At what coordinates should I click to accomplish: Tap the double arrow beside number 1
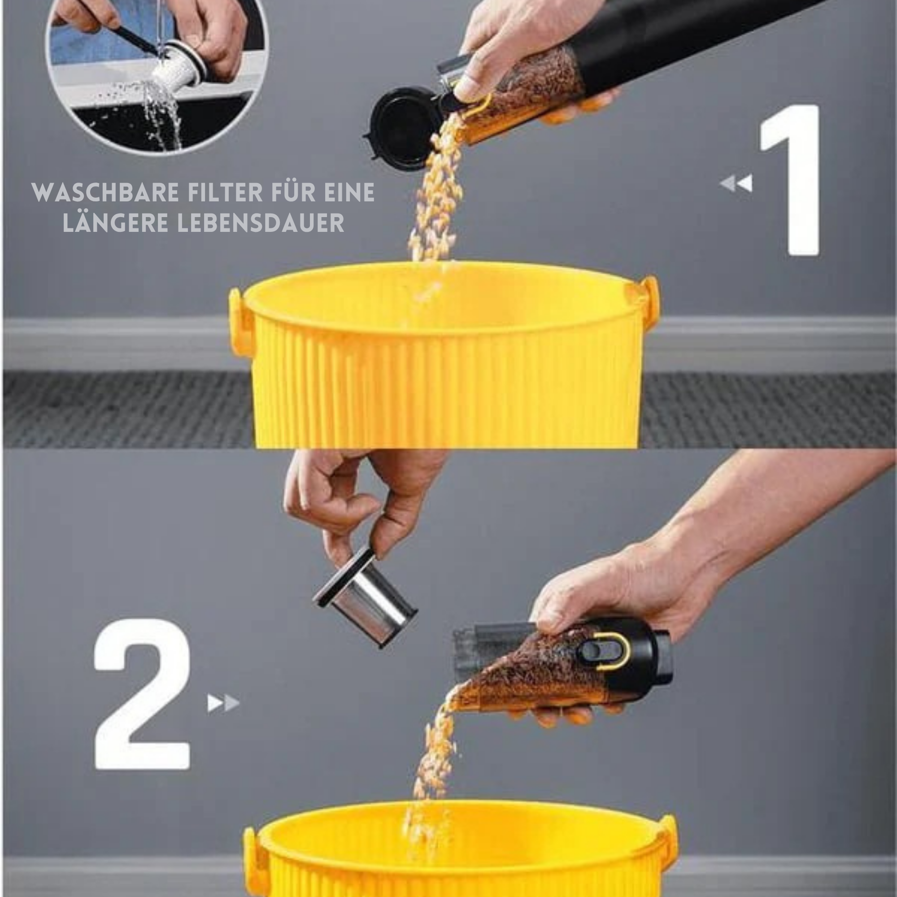click(x=736, y=183)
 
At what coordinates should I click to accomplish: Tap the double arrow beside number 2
click(x=223, y=703)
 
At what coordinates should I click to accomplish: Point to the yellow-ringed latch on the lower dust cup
click(x=604, y=651)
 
